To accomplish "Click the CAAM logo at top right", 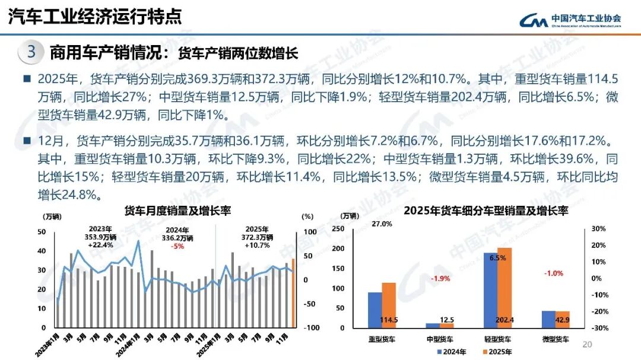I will (x=570, y=20).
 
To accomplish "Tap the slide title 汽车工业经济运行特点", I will (x=95, y=17).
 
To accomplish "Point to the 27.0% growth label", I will (x=382, y=224).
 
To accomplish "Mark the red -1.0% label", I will (x=554, y=273).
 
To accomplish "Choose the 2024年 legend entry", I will (x=452, y=352).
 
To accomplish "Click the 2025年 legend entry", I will (x=497, y=352).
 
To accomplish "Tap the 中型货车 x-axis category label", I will (x=439, y=339).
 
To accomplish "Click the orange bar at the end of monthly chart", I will (x=293, y=293).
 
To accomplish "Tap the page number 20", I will (x=588, y=345).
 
